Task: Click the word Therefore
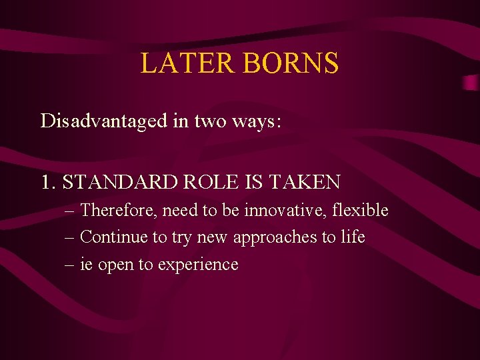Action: click(x=117, y=211)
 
